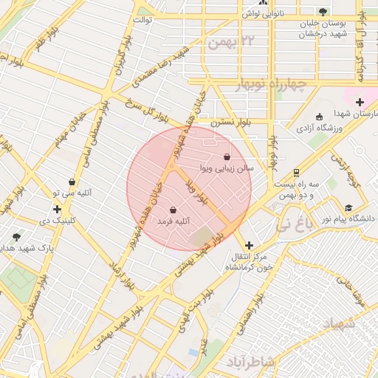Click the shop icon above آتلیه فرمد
[173, 210]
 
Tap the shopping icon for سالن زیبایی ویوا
[226, 157]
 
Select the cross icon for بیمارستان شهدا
[360, 102]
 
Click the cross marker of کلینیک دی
[57, 209]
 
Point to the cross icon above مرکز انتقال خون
[248, 245]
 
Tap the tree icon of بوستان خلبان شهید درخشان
[323, 11]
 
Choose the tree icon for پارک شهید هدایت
[16, 237]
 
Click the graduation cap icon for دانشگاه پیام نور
[348, 208]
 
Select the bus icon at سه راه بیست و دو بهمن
[296, 173]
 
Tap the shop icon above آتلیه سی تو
[72, 182]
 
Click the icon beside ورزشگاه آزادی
[318, 117]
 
